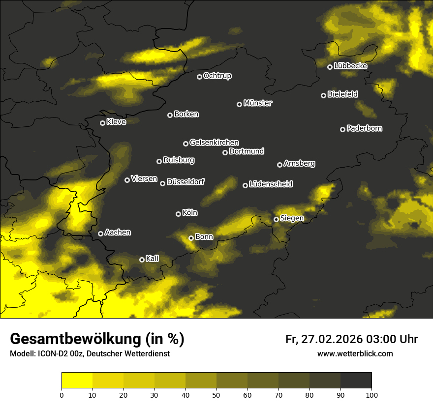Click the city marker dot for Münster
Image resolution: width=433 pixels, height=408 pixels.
point(240,104)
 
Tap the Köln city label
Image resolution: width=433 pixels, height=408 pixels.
point(189,213)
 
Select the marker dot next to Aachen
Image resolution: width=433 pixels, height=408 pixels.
point(101,233)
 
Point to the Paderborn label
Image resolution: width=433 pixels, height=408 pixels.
point(364,128)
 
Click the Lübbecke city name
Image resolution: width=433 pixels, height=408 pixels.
point(350,66)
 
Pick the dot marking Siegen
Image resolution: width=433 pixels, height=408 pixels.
point(277,219)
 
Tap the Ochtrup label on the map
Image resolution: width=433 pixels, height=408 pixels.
point(217,76)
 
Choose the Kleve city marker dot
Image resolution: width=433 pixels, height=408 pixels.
point(103,123)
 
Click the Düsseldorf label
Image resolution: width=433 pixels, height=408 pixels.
point(185,182)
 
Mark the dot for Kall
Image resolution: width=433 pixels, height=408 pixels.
point(142,260)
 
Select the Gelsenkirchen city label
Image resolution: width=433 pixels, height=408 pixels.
point(214,143)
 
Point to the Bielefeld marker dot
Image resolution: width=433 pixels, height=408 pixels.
point(324,95)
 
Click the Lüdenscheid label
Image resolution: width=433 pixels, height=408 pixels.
point(271,184)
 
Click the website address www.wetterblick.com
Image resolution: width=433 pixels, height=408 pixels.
point(355,353)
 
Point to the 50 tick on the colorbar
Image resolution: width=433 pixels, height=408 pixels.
point(216,394)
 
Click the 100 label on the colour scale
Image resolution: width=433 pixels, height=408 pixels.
point(371,394)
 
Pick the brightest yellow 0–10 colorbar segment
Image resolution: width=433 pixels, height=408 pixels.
point(77,380)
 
